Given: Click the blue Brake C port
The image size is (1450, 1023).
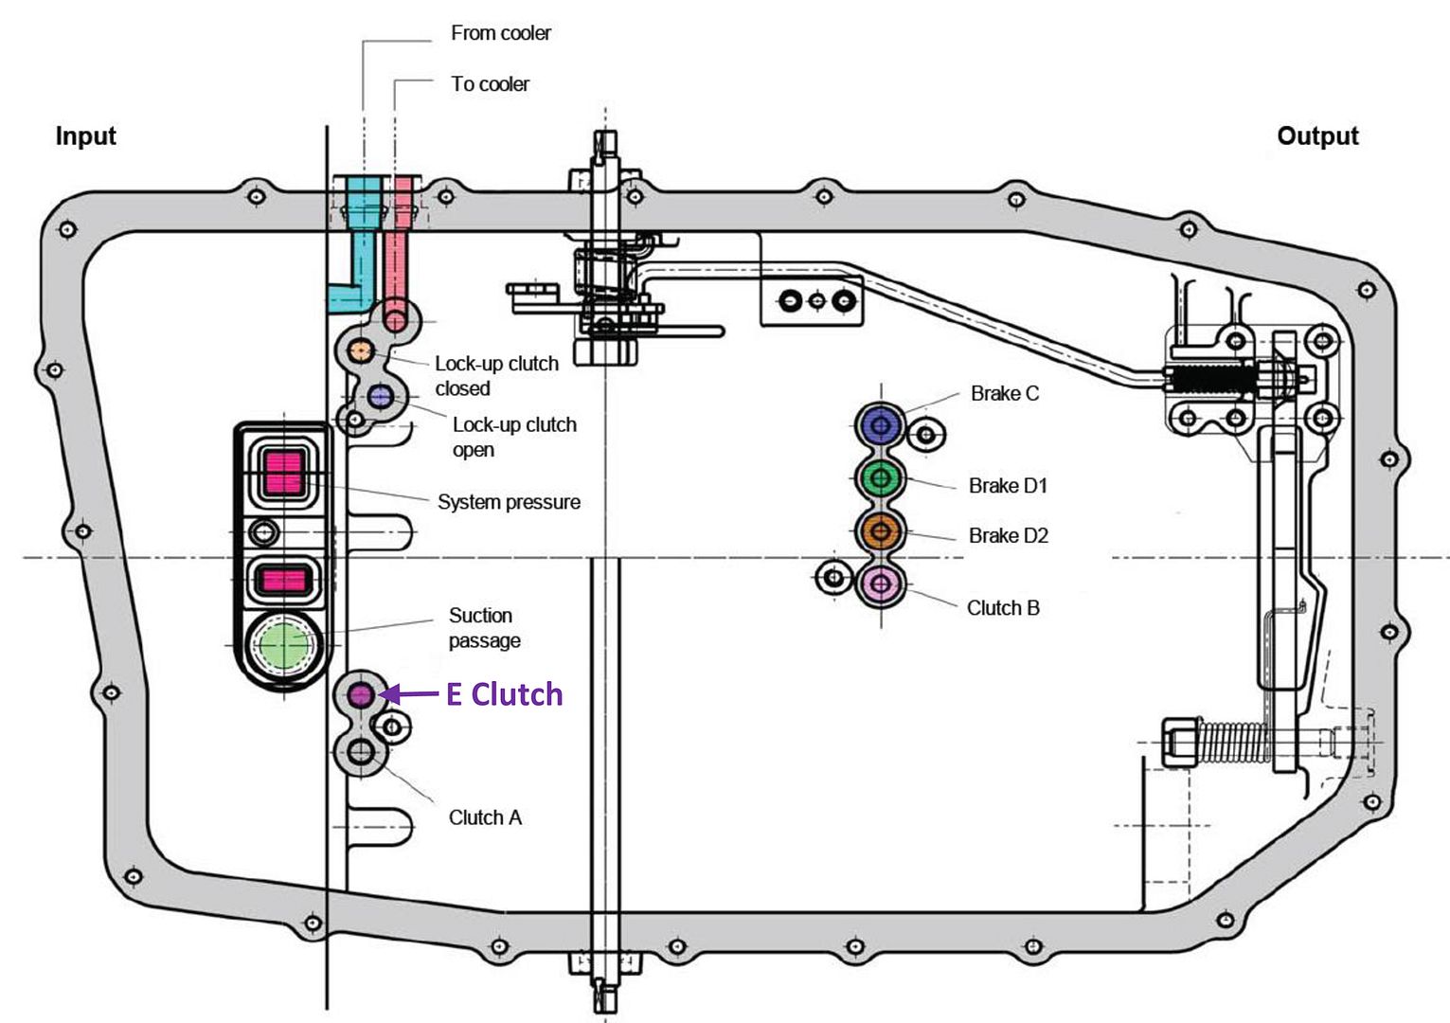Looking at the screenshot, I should tap(881, 426).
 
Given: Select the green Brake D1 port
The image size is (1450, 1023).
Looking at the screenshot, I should tap(881, 478).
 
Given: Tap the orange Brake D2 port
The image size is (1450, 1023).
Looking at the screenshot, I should tap(881, 531).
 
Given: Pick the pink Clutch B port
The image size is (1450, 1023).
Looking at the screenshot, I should tap(881, 583).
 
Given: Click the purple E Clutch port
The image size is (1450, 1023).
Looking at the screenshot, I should tap(360, 695).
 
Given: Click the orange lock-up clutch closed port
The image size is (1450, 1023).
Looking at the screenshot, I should tap(360, 351).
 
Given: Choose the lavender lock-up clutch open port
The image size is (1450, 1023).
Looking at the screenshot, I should tap(381, 397).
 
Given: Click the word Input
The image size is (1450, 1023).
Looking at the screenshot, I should tap(85, 135).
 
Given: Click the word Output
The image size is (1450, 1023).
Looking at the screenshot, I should tap(1317, 135).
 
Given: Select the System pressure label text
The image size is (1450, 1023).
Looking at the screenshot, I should tap(509, 502).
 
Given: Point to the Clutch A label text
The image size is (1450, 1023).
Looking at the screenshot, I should tap(485, 817).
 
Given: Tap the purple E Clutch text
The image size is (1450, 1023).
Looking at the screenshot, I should tap(504, 694).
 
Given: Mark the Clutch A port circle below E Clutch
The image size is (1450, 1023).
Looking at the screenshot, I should tap(361, 753).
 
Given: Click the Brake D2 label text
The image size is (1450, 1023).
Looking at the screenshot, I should tap(1008, 536).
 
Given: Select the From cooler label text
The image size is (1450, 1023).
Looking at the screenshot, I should tap(500, 33).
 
